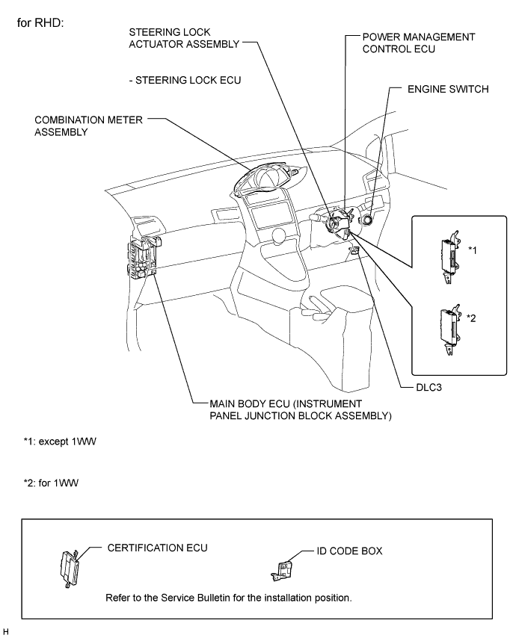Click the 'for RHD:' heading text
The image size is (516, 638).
pos(40,22)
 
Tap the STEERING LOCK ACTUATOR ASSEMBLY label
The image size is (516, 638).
pos(184,38)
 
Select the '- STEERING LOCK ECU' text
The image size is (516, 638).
pos(185,80)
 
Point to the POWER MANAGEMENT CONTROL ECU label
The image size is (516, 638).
pos(419,43)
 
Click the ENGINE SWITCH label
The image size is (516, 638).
pos(448,89)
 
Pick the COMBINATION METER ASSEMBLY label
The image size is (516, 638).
pos(88,126)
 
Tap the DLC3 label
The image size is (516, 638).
pos(429,387)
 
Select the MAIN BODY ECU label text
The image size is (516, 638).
pos(300,409)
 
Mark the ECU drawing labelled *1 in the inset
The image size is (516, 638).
pos(450,257)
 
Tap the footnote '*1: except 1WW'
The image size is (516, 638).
pos(60,442)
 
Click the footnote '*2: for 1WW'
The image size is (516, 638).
pos(51,483)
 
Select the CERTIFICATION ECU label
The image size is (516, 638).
pos(157,548)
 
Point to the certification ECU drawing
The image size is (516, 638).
pos(70,568)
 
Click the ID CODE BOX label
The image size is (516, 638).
pos(349,551)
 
